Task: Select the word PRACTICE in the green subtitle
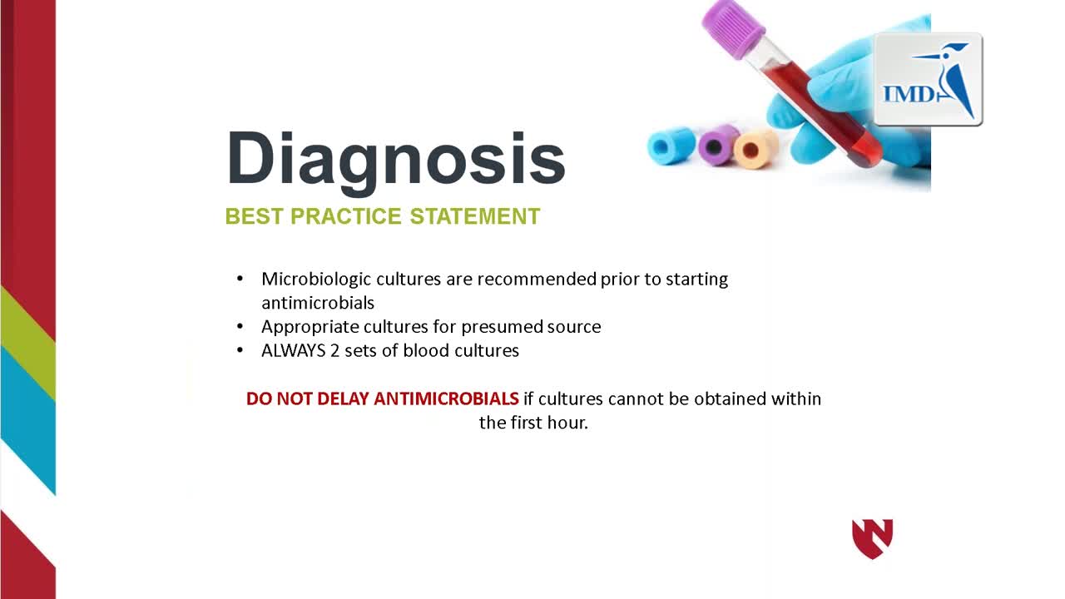tap(346, 216)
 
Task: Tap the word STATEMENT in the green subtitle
tap(475, 216)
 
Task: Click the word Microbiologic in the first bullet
tap(316, 280)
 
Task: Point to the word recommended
tap(537, 279)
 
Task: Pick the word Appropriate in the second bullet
tap(310, 328)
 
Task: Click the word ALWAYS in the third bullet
tap(294, 351)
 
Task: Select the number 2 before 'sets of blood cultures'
tap(334, 351)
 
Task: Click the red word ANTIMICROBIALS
tap(446, 399)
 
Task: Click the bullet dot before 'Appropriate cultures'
tap(240, 327)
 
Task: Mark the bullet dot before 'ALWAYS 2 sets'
tap(240, 350)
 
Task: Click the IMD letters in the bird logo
tap(909, 94)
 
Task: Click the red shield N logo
tap(873, 538)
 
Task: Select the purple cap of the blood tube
tap(732, 28)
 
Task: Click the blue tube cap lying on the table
tap(671, 146)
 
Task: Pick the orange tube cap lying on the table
tap(755, 149)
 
